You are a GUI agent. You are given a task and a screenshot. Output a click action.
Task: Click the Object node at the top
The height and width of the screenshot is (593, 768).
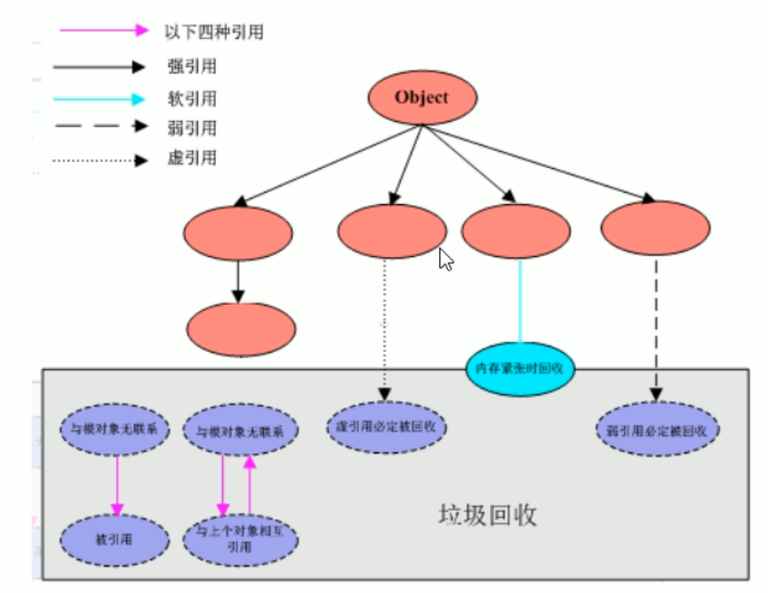(x=421, y=97)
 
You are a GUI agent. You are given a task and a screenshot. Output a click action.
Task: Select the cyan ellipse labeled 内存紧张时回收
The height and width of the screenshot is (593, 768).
(x=520, y=369)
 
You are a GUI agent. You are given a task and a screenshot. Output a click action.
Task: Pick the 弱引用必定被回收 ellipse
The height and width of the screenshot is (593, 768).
(x=656, y=430)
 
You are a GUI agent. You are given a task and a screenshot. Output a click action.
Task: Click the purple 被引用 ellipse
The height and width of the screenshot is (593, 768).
(x=115, y=536)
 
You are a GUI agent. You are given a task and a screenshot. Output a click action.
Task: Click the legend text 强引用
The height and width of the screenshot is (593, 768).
(x=186, y=66)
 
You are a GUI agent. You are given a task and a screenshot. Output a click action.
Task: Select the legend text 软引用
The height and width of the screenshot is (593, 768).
(x=186, y=97)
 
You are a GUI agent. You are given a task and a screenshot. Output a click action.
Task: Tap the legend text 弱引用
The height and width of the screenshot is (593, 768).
(x=186, y=128)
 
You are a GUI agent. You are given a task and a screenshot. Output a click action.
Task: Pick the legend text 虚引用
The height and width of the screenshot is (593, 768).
(x=186, y=160)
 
